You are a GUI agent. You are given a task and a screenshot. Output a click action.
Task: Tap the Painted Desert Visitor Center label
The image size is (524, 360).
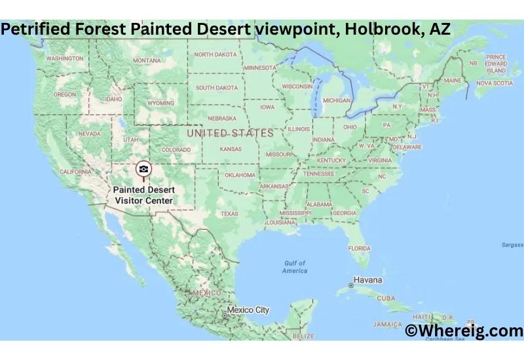(144, 195)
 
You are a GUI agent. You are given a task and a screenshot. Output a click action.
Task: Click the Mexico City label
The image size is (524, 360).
(248, 310)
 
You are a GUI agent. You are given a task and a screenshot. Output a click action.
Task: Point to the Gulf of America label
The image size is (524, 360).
(295, 266)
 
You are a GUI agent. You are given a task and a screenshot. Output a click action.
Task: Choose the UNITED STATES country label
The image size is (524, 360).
(230, 133)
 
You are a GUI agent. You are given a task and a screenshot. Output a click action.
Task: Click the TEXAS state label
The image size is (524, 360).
(229, 213)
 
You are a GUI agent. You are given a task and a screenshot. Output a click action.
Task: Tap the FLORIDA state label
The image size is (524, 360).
(359, 248)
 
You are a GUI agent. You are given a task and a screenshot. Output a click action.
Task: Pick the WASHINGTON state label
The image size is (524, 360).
(65, 58)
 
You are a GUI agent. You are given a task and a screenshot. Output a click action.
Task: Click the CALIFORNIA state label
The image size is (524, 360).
(75, 171)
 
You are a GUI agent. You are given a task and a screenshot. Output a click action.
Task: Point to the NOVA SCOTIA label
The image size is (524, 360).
(495, 83)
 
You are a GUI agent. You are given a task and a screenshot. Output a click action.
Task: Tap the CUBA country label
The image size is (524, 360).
(386, 298)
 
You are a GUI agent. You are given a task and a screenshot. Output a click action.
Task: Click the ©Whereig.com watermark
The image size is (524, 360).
(464, 331)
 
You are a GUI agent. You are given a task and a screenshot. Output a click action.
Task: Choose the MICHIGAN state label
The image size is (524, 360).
(336, 100)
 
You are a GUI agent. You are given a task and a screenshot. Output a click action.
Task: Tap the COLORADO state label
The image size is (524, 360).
(176, 149)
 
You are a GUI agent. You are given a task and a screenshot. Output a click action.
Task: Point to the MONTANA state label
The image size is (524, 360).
(147, 60)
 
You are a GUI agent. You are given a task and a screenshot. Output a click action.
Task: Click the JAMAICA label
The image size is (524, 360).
(387, 324)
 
